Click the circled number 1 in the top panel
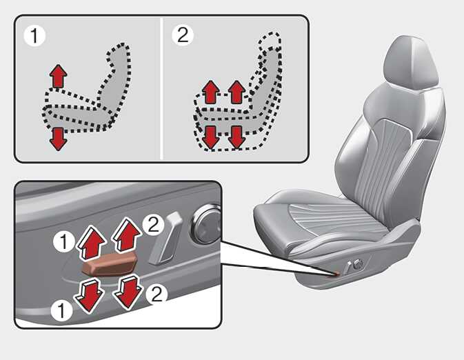[x=34, y=36]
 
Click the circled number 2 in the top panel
[x=183, y=34]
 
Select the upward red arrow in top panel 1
[x=59, y=76]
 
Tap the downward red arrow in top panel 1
[x=59, y=139]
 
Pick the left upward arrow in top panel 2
[x=211, y=92]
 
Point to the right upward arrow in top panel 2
[x=236, y=92]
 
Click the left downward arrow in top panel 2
[x=211, y=137]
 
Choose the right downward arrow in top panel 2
[x=236, y=137]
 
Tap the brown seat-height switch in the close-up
[x=110, y=263]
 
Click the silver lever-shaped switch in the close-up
[x=165, y=238]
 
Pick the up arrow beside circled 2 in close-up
[x=126, y=234]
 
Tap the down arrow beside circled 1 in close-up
[x=89, y=295]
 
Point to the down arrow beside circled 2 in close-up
[x=128, y=291]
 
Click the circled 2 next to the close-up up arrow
[x=153, y=225]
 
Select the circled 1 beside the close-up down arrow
[x=61, y=311]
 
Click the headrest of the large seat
[x=411, y=63]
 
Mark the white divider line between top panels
[x=161, y=88]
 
